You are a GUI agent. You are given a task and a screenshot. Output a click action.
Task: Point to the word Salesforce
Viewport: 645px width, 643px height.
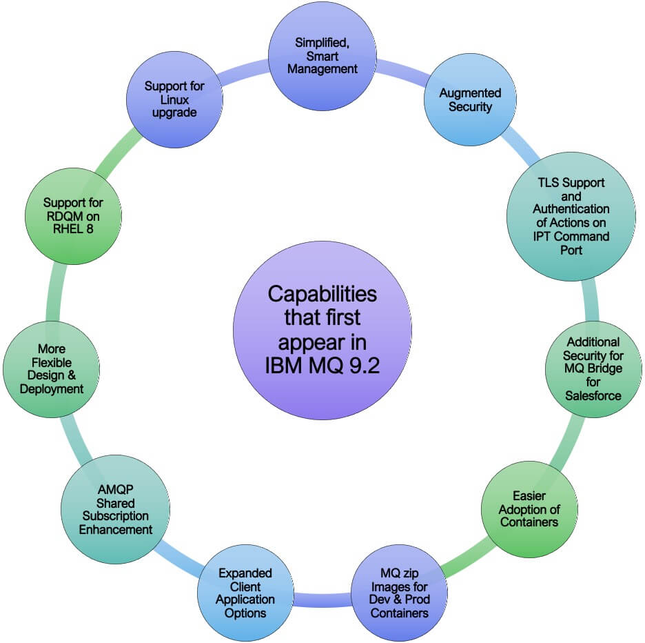[593, 396]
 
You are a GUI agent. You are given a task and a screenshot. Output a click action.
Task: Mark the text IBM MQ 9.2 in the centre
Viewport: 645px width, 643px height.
[322, 366]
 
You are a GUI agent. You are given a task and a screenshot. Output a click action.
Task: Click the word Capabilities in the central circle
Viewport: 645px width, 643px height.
[322, 295]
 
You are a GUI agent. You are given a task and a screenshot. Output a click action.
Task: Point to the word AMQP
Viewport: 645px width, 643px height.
[115, 489]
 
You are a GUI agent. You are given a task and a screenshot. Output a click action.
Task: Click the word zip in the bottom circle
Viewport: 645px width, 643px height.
[417, 574]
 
